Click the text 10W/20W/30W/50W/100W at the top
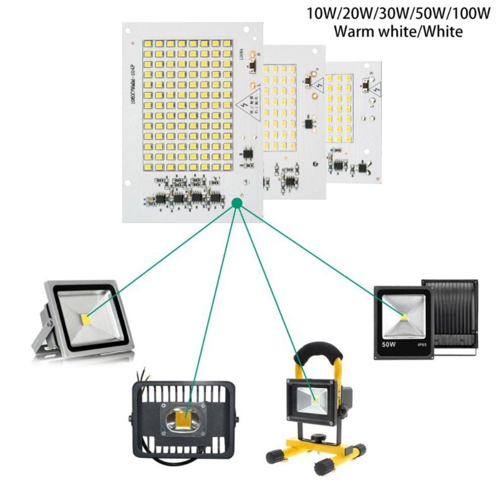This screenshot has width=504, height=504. pos(399,13)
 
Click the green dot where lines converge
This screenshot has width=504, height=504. pos(237,203)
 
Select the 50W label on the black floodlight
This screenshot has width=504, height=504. pos(389,346)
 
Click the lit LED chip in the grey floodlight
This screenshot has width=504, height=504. pos(85,319)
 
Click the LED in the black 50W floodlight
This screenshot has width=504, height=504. pos(404,316)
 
